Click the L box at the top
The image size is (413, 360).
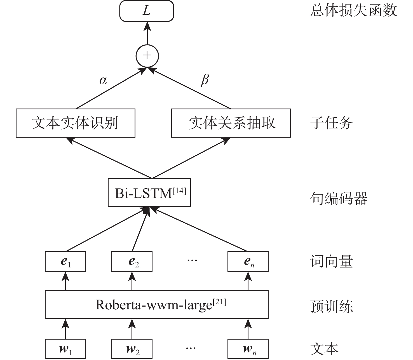coord(147,11)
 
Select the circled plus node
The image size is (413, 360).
coord(147,55)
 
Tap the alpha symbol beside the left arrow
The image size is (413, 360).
coord(103,81)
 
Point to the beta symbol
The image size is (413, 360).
coord(205,80)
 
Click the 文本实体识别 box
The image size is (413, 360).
coord(75,123)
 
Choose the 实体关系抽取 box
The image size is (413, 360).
coord(231,123)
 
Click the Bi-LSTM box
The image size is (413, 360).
coord(149,193)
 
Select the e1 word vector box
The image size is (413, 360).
coord(65,262)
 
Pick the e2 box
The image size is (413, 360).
coord(132,262)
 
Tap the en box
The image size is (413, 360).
coord(248,262)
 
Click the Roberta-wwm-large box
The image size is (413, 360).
coord(157,305)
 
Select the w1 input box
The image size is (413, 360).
coord(65,349)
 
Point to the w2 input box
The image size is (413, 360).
coord(132,349)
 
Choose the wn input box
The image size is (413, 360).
coord(248,349)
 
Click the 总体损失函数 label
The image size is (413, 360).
coord(353,11)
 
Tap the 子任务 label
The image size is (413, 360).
coord(331,123)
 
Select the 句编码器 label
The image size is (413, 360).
coord(339,198)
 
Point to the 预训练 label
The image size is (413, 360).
coord(331,306)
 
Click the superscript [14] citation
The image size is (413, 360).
coord(179,191)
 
